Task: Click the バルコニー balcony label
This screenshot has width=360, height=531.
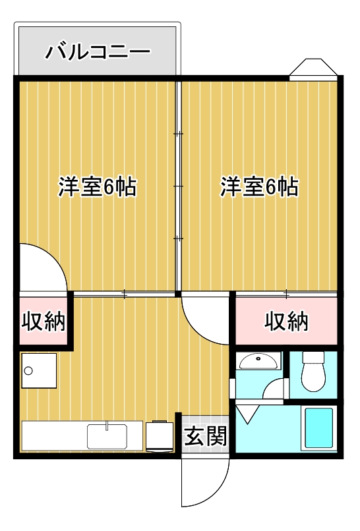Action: pos(98,51)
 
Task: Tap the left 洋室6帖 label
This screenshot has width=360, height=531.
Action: pos(97,187)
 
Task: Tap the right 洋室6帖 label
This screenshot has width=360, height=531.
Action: pos(259,187)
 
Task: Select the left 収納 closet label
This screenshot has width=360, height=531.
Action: pos(44,321)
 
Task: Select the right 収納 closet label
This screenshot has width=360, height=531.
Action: pos(287,321)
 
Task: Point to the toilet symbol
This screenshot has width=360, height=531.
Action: pos(313,373)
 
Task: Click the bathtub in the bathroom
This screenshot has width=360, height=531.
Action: pos(319,428)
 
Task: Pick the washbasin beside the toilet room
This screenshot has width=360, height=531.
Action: pos(259,362)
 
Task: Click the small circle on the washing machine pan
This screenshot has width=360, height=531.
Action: pos(28,371)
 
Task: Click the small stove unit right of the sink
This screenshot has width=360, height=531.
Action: pos(158,435)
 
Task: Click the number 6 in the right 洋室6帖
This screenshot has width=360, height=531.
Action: pos(270,187)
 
